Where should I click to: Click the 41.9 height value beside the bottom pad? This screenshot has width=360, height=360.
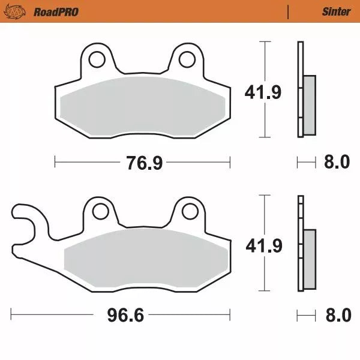(x=263, y=245)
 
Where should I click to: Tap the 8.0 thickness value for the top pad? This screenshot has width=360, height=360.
(x=337, y=162)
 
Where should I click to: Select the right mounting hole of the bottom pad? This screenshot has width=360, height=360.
(x=190, y=211)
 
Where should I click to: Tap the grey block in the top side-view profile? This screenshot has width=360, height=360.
(x=309, y=104)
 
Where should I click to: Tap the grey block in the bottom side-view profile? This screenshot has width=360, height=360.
(x=309, y=258)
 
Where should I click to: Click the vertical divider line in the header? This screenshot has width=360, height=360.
(x=288, y=11)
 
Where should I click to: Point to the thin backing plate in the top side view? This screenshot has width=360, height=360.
(x=299, y=90)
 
